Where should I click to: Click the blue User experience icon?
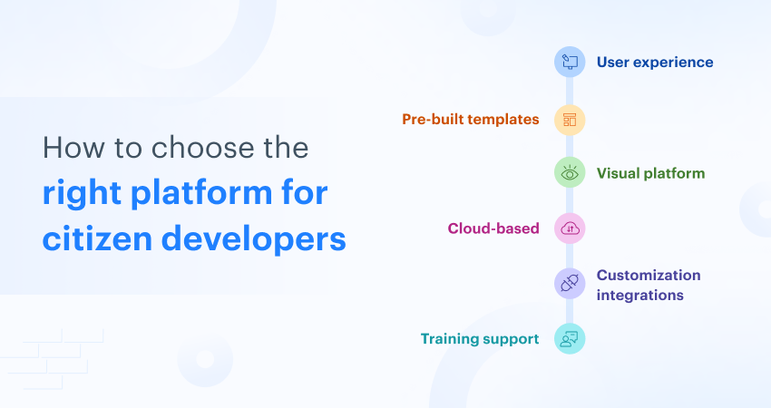coord(570,63)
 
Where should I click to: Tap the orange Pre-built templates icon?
coord(570,119)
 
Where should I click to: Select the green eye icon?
coord(570,173)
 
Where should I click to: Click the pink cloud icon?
coord(570,228)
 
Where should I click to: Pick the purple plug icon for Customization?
coord(570,284)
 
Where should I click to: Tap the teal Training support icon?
coord(570,339)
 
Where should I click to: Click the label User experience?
coord(654,63)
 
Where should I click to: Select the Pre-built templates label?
coord(470,119)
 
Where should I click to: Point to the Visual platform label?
coord(650,173)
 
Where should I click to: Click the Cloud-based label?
coord(493,228)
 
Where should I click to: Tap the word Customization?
coord(649,275)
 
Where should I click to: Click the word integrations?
coord(640,296)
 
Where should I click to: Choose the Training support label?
coord(480,339)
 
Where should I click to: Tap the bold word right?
coord(82,194)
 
